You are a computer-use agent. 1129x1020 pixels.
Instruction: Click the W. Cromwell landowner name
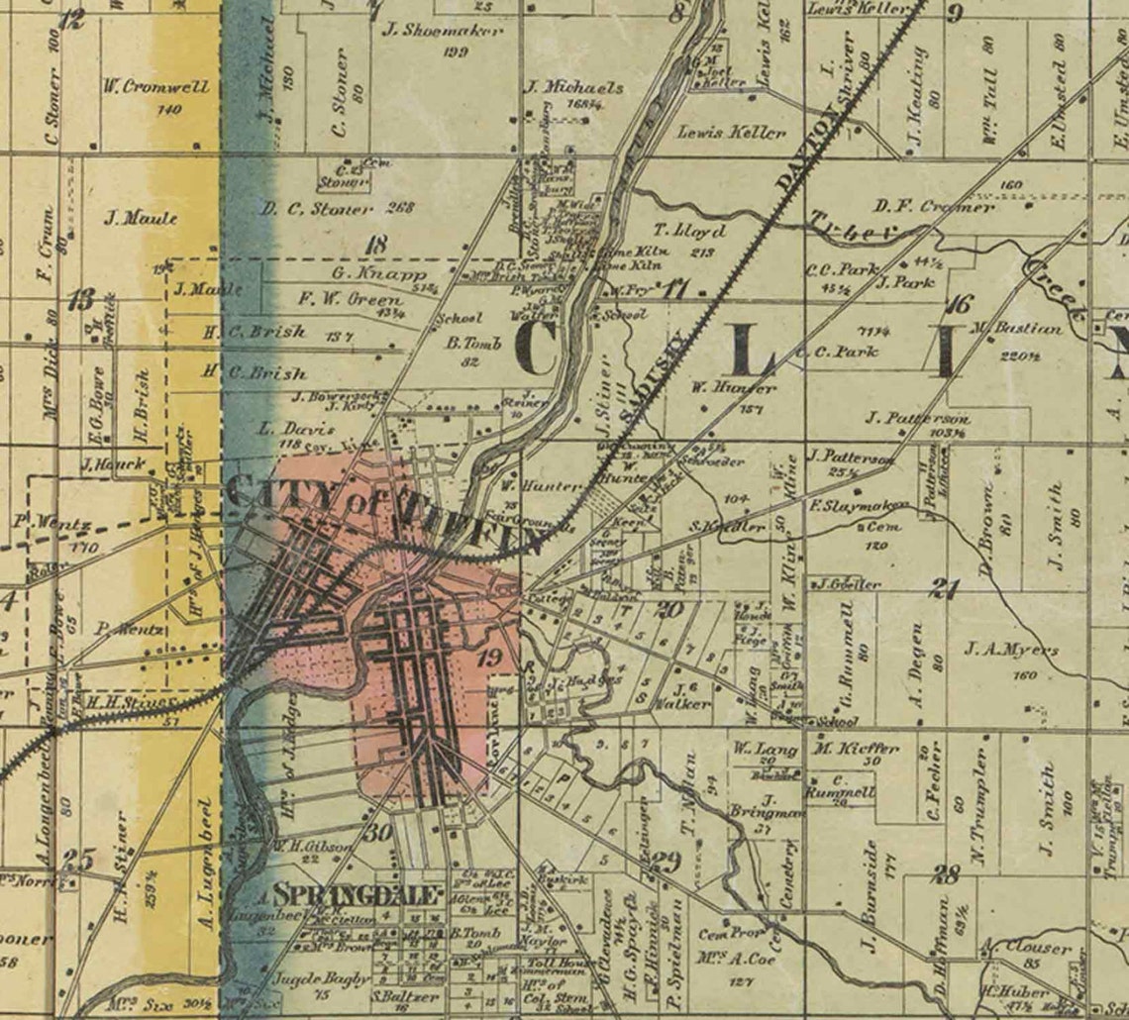point(155,87)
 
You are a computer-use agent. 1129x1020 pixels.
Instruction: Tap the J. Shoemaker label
point(442,31)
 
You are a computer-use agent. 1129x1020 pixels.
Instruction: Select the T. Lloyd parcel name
point(690,232)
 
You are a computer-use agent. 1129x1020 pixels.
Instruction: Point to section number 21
point(945,590)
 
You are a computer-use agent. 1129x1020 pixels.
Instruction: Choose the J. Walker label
point(691,703)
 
